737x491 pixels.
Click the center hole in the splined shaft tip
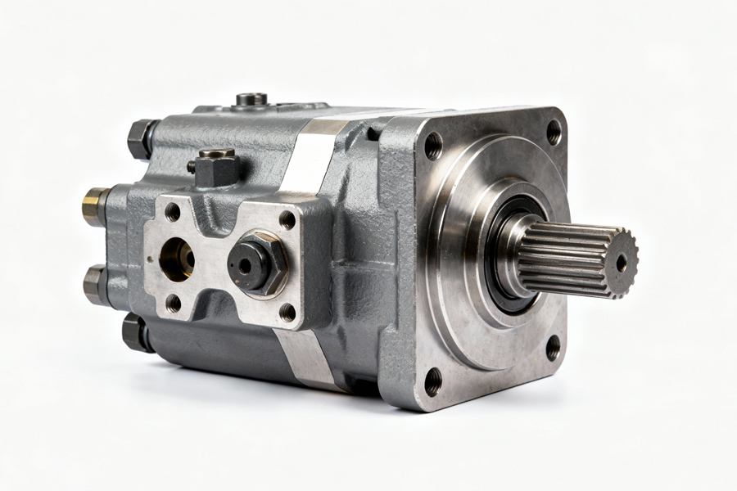pyautogui.click(x=622, y=263)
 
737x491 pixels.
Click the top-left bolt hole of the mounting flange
pyautogui.click(x=433, y=146)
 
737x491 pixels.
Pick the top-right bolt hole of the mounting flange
pyautogui.click(x=554, y=132)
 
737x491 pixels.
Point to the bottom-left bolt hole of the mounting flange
pyautogui.click(x=433, y=381)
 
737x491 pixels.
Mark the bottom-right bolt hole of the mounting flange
pyautogui.click(x=554, y=347)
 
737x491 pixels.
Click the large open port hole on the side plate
pyautogui.click(x=176, y=259)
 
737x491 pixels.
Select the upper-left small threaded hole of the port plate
pyautogui.click(x=172, y=212)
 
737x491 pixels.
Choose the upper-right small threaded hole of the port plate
pyautogui.click(x=287, y=219)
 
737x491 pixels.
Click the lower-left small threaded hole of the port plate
pyautogui.click(x=174, y=303)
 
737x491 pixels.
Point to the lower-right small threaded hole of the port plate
pyautogui.click(x=287, y=312)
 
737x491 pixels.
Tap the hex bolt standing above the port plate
pyautogui.click(x=217, y=168)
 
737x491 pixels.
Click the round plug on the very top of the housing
pyautogui.click(x=252, y=100)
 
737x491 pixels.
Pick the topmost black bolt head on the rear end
pyautogui.click(x=142, y=138)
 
